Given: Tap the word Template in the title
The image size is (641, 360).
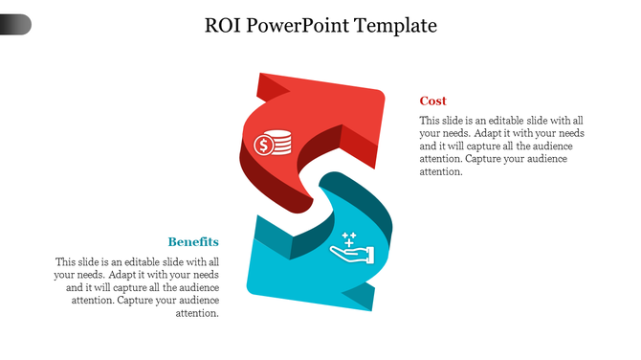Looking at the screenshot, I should pyautogui.click(x=395, y=26).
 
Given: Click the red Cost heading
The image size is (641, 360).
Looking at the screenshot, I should pyautogui.click(x=432, y=101).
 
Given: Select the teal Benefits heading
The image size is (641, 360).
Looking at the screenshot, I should pyautogui.click(x=193, y=241).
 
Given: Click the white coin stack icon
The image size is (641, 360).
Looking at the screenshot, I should pyautogui.click(x=272, y=144).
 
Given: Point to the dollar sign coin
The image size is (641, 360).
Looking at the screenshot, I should pyautogui.click(x=262, y=146).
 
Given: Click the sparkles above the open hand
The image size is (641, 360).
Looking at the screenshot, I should pyautogui.click(x=349, y=237).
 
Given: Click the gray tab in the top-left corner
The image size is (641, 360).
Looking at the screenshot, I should pyautogui.click(x=15, y=25).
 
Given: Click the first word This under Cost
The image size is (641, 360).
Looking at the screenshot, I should pyautogui.click(x=431, y=121).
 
